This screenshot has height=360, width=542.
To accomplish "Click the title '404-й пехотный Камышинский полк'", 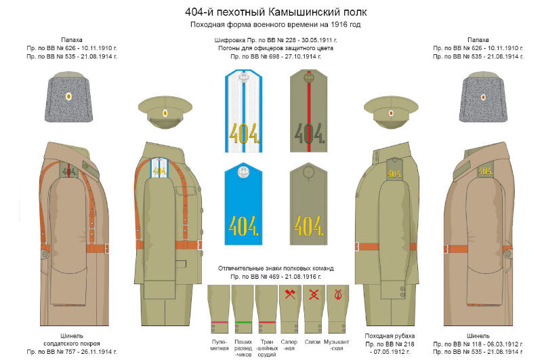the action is [270, 12].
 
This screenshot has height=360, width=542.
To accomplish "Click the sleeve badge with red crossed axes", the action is [289, 295].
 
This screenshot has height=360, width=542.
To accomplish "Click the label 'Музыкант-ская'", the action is [336, 344].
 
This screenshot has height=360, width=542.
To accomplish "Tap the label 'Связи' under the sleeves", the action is [312, 341].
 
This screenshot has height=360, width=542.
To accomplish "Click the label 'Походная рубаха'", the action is [390, 336].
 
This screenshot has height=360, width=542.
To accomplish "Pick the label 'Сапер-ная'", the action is [289, 344].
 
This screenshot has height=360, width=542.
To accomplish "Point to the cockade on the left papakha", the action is [68, 96].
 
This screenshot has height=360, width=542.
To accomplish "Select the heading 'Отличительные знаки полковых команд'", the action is [275, 268].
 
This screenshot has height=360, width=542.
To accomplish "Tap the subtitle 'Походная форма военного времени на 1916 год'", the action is [270, 25].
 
